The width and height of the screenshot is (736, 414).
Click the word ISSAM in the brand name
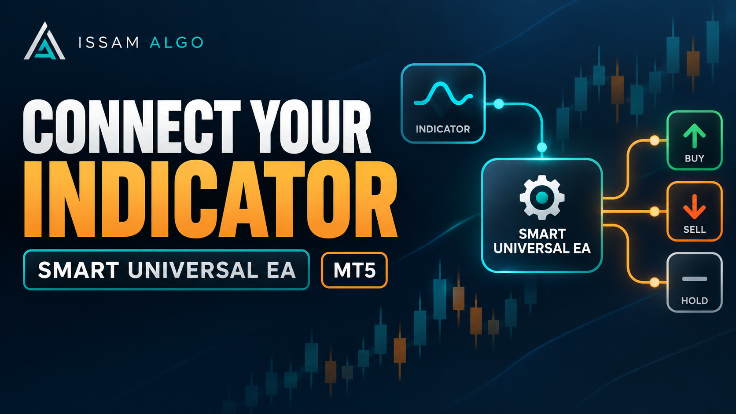(x=108, y=43)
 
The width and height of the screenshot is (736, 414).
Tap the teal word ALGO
(x=177, y=43)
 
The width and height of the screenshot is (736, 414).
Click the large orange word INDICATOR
(x=210, y=199)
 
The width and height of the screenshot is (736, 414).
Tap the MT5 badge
(x=354, y=270)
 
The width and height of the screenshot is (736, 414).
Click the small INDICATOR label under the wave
(x=443, y=129)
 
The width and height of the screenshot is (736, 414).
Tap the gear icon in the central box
(x=542, y=197)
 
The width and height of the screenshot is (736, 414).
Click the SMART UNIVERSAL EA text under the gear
(x=542, y=241)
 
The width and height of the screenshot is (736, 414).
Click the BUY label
(x=694, y=158)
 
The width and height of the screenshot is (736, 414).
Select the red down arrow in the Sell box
(x=694, y=206)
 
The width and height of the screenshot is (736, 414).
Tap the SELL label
(x=694, y=230)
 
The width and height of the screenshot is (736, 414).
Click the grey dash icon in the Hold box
(x=695, y=279)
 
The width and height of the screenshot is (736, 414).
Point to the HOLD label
(x=694, y=301)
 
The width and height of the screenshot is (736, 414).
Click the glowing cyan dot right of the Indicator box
(x=499, y=104)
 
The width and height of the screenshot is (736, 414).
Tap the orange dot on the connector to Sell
(x=655, y=212)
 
